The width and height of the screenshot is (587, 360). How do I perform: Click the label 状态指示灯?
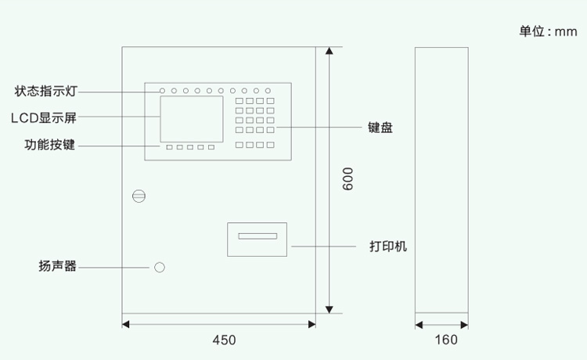coord(45,91)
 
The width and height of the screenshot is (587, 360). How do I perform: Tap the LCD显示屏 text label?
coord(44,117)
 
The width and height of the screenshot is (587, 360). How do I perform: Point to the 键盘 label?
coord(380,128)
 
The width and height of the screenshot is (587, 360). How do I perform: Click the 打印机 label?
coord(388,246)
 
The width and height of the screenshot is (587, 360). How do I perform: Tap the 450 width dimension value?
coord(224,340)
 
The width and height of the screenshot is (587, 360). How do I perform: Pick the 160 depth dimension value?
coord(445,340)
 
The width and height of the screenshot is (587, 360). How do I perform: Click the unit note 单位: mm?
coord(548,31)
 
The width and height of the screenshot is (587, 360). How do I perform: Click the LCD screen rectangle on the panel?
coord(193,118)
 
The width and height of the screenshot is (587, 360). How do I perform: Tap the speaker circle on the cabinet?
coord(160,268)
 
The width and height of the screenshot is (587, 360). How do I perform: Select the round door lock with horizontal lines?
coord(139,196)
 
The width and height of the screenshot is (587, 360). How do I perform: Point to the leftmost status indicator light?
coord(163,91)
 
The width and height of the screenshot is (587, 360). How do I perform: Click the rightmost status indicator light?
coord(268,91)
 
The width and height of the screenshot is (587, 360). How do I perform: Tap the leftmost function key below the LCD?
coord(168,146)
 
